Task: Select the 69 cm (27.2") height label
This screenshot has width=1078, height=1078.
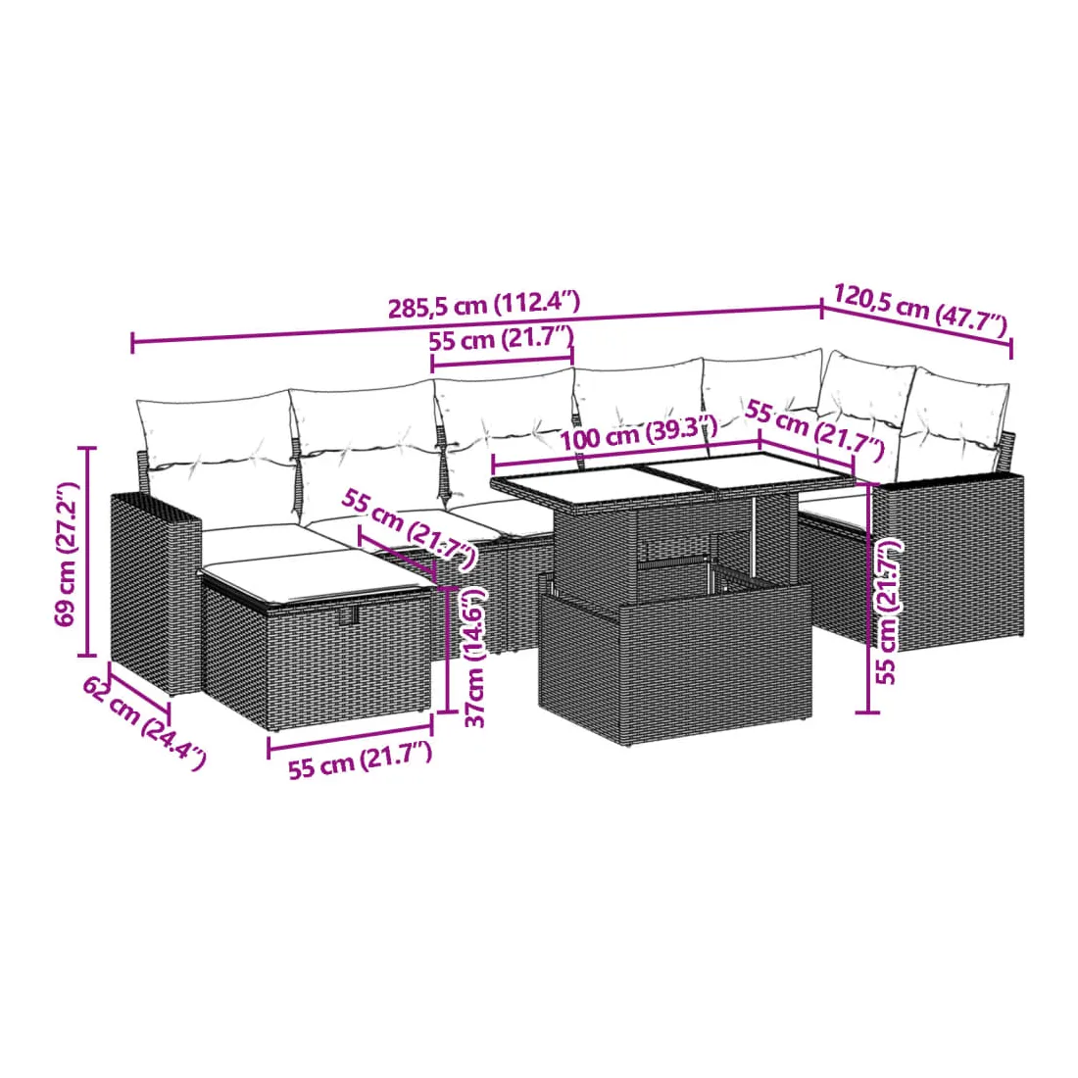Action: point(67,554)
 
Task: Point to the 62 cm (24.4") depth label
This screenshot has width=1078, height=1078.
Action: point(144,722)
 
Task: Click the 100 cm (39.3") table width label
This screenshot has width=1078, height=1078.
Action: point(639,432)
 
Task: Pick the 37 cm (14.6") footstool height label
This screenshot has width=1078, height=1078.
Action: point(475,658)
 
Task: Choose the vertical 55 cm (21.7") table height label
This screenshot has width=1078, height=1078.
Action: point(887,612)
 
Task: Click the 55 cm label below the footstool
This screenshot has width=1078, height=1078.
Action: point(361,760)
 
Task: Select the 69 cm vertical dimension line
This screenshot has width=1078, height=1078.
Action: point(86,551)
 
